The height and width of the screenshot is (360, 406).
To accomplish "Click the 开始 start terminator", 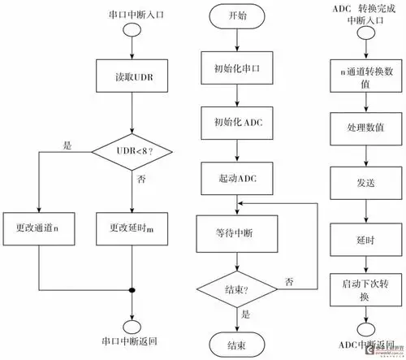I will (x=236, y=15).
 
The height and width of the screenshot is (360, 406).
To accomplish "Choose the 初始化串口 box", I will (x=236, y=68).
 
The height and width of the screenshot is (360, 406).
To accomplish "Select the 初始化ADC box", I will (x=236, y=122).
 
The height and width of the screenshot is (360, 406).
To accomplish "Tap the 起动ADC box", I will (x=236, y=176).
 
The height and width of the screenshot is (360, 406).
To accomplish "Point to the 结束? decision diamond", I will (x=236, y=286).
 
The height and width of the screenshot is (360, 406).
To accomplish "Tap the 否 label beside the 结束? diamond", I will (x=290, y=280).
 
